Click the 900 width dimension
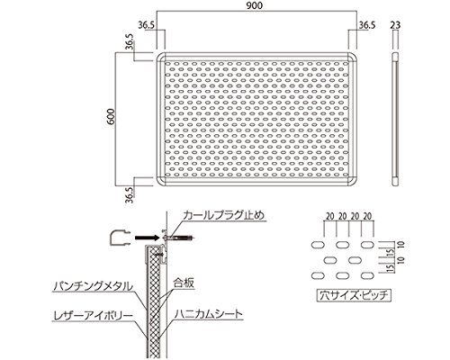(255, 5)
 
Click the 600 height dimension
(111, 116)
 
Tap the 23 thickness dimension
(395, 25)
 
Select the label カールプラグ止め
(224, 215)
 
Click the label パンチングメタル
(93, 286)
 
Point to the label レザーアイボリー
(93, 316)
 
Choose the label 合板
(184, 283)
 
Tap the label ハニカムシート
(209, 314)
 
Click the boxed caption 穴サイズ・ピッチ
(354, 295)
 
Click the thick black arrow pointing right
(147, 238)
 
